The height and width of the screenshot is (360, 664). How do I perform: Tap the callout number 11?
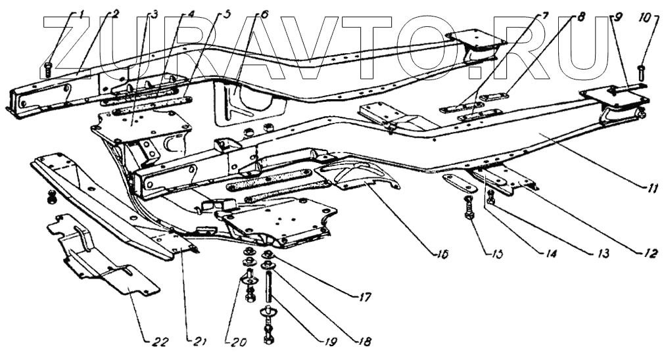[x=650, y=189]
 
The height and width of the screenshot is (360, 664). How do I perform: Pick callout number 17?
[x=364, y=298]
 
